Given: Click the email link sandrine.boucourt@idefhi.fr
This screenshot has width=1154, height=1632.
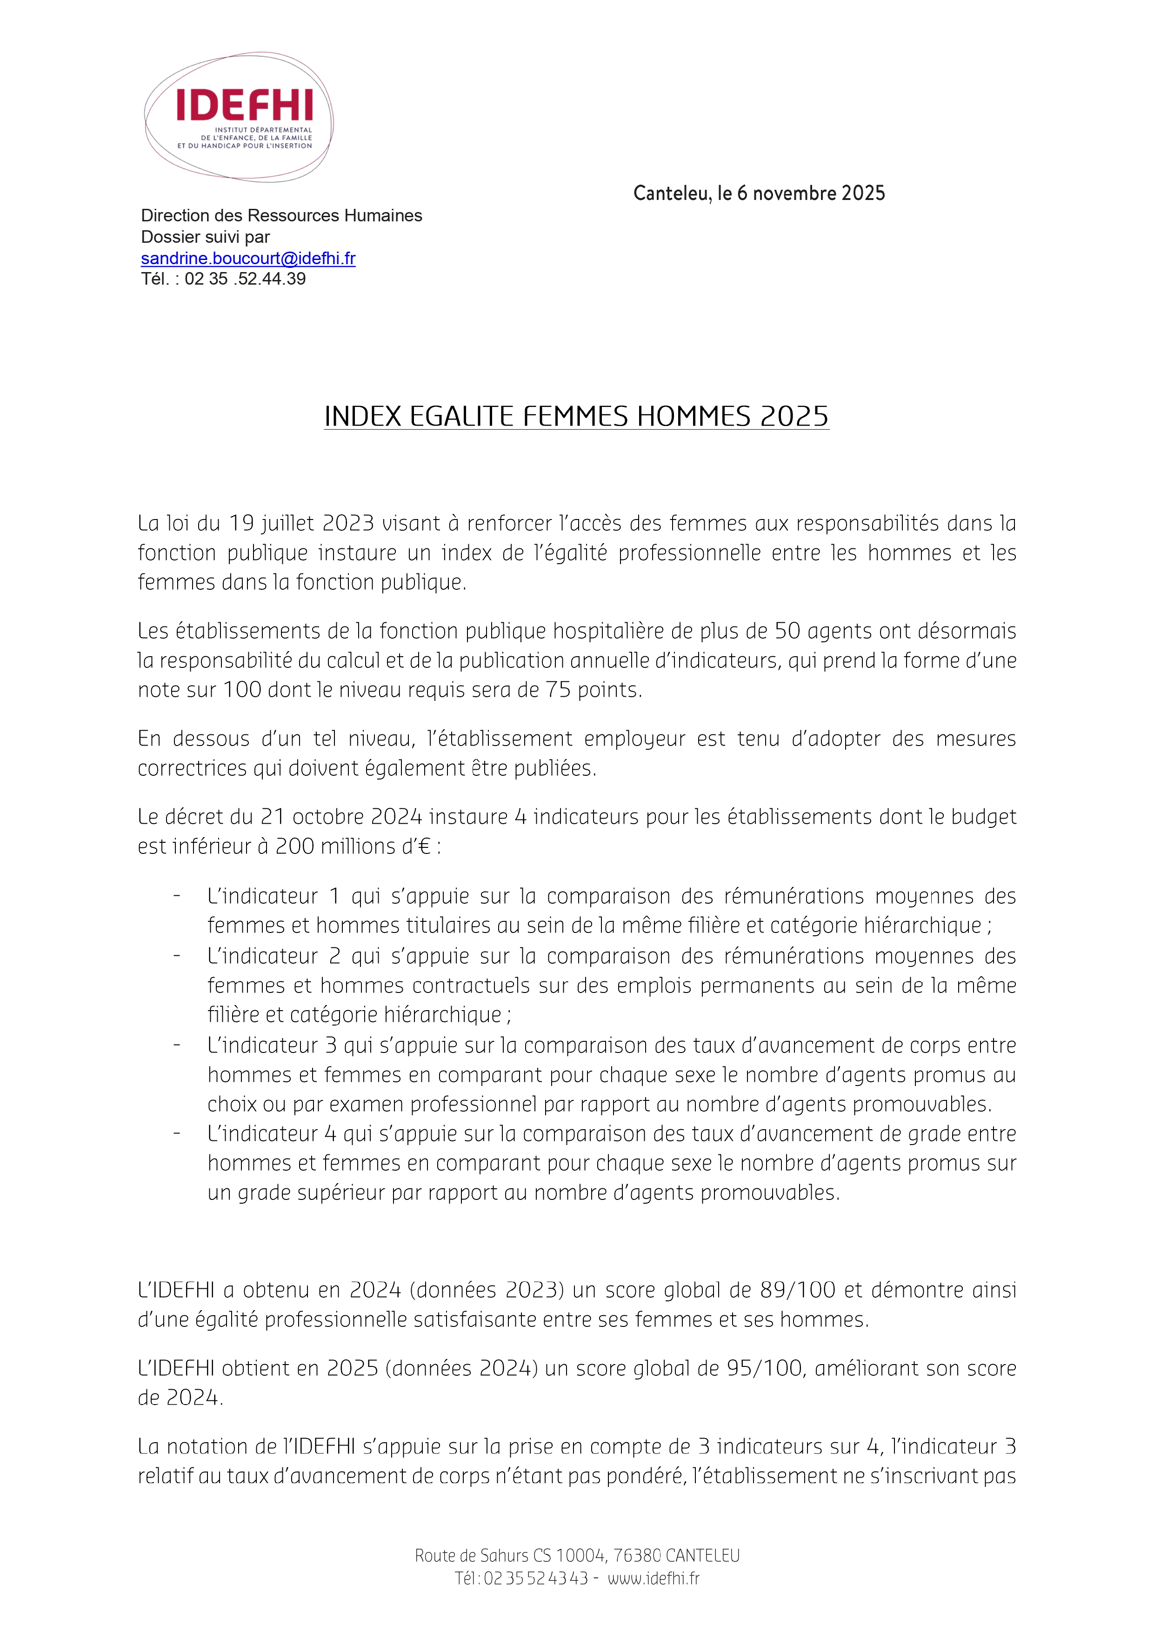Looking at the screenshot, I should point(248,258).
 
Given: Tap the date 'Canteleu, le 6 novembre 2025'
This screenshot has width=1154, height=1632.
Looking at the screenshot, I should point(759,193).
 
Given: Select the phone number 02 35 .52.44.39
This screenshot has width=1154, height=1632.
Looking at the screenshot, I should point(245,279).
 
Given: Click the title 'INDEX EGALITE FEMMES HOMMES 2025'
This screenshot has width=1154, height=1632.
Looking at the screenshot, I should point(576,417).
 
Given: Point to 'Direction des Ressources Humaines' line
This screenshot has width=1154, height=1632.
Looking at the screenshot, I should point(281,215).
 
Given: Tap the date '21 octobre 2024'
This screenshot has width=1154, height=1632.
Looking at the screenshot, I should point(342,817).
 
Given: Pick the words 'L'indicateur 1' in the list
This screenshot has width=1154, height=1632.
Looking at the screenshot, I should point(273,896).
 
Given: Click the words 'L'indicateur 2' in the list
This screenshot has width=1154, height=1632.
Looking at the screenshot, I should point(273,956).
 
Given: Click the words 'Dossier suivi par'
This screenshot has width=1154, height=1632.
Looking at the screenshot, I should point(206,237).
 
